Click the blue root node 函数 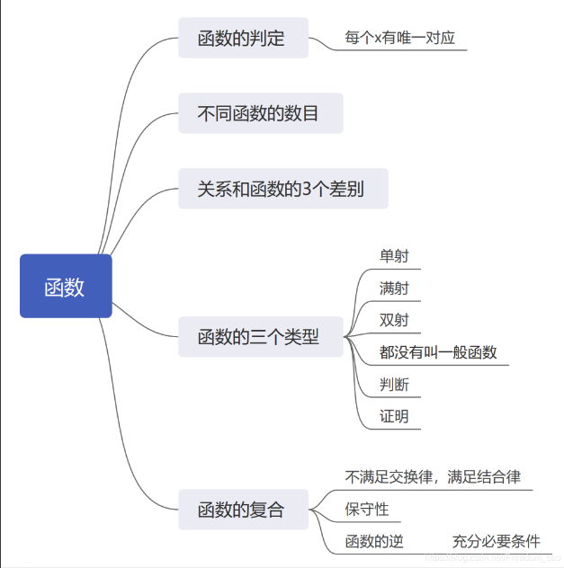click(x=66, y=287)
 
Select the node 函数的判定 click(x=243, y=38)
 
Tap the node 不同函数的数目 click(x=260, y=114)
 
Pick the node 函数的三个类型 click(x=260, y=338)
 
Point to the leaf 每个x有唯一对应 click(x=400, y=39)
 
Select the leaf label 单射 click(x=394, y=256)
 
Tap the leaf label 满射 click(x=394, y=288)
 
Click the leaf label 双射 click(x=394, y=320)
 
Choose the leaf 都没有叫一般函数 click(x=438, y=352)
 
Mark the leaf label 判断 click(x=394, y=385)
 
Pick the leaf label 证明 click(x=394, y=416)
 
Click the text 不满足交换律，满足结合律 click(x=433, y=477)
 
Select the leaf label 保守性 click(x=367, y=510)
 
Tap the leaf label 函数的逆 click(x=374, y=541)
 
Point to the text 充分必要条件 click(x=497, y=541)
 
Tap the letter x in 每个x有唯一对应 click(x=379, y=40)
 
